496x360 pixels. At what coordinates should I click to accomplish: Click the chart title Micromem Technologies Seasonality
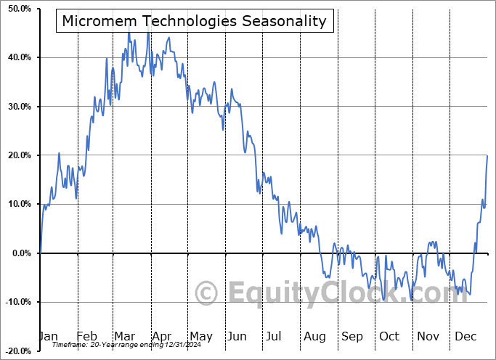[x=195, y=20]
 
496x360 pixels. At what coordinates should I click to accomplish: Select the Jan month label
[x=48, y=336]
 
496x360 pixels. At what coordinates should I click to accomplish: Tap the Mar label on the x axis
[x=124, y=336]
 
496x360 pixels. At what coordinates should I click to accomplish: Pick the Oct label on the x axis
[x=389, y=336]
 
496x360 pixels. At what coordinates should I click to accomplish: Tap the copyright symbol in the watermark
[x=208, y=293]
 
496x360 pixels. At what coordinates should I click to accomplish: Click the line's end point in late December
[x=487, y=156]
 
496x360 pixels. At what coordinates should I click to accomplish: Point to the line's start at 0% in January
[x=41, y=253]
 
